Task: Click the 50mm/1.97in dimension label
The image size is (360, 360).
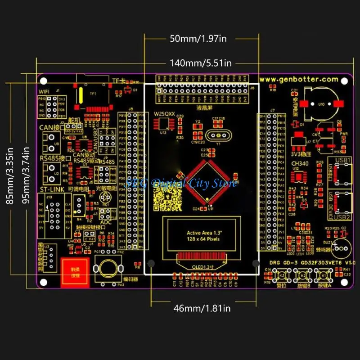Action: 198,38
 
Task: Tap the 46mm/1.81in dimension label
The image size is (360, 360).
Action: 202,308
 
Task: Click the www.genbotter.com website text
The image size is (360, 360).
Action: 298,79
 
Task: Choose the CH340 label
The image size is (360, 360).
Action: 300,164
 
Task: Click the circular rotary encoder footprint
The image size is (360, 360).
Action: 108,269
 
